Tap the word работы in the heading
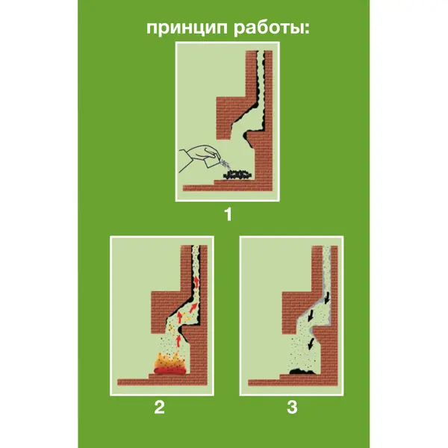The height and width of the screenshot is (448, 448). (268, 29)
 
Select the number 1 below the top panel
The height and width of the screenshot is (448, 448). (228, 214)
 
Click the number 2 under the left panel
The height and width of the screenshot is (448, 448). (160, 407)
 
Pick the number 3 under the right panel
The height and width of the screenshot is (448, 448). (292, 407)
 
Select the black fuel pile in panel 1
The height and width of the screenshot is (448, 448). (238, 175)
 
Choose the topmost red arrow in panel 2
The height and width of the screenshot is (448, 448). (197, 282)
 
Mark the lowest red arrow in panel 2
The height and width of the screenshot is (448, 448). (178, 340)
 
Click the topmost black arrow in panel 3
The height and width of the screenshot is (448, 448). (326, 297)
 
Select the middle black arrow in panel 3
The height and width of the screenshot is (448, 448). (311, 316)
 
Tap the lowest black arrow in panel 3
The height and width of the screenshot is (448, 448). (311, 343)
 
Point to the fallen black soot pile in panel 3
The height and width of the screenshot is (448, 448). (302, 371)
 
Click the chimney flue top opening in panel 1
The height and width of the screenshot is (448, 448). (261, 52)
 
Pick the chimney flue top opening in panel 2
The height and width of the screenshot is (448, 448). (196, 246)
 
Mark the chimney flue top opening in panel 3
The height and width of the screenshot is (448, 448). (326, 246)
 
